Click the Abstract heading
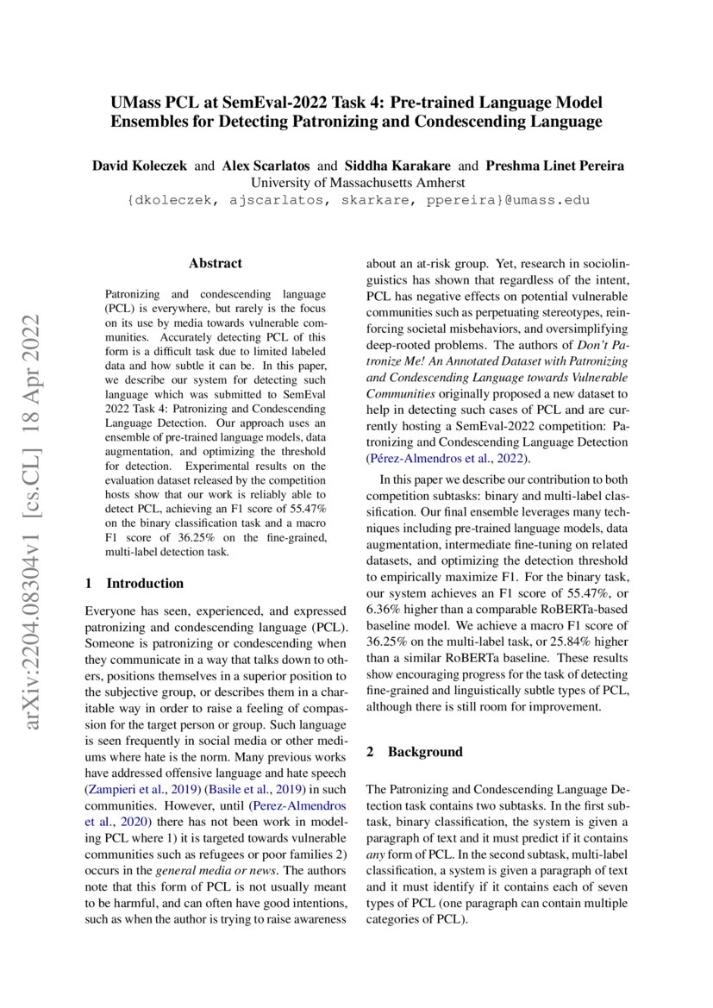click(216, 263)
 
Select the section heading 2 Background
click(414, 751)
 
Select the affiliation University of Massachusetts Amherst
click(357, 182)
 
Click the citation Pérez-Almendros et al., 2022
click(445, 458)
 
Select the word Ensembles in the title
click(148, 122)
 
